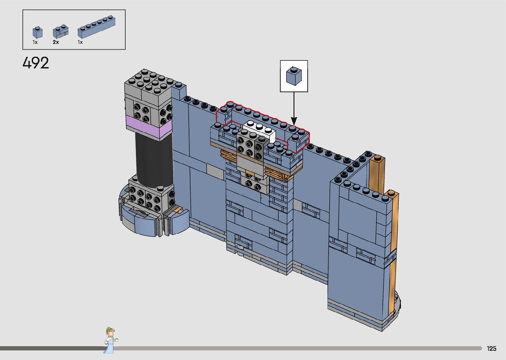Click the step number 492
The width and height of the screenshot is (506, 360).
coord(36,63)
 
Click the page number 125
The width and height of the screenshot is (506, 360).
coord(491,348)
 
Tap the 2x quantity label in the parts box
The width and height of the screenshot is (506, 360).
coord(56,42)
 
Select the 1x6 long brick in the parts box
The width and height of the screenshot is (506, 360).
coord(97,26)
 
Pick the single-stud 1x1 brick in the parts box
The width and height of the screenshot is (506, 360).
coord(37,32)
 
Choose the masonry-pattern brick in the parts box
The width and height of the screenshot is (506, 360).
coord(60,32)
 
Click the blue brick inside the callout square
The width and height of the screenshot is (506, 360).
coord(294,76)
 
